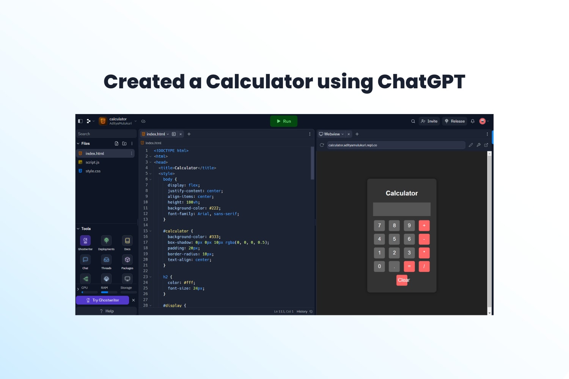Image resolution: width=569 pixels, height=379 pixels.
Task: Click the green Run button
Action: tap(283, 121)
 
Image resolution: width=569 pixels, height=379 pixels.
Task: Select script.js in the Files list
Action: tap(92, 162)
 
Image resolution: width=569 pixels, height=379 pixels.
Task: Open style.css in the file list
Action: tap(93, 171)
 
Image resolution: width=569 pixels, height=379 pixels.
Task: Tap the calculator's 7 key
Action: tap(379, 226)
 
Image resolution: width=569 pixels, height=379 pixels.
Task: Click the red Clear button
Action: tap(402, 280)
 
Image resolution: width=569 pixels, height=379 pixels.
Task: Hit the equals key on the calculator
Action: tap(409, 266)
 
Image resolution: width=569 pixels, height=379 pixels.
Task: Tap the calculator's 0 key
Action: tap(379, 266)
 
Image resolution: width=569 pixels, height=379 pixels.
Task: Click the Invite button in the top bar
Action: tap(429, 121)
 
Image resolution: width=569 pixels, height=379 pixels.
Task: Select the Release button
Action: tap(455, 121)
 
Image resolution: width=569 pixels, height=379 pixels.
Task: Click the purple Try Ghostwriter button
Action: tap(103, 300)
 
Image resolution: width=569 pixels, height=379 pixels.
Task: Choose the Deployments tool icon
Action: tap(106, 240)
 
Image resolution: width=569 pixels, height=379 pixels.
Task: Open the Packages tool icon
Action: tap(127, 260)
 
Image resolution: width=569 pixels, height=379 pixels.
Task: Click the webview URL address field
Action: tap(396, 145)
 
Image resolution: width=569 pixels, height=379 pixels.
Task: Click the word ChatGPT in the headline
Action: tap(421, 82)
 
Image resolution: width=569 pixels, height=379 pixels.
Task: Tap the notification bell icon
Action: tap(473, 121)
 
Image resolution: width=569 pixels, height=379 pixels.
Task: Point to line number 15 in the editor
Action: tap(145, 231)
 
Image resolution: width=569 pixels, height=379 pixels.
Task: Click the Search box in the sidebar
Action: tap(106, 134)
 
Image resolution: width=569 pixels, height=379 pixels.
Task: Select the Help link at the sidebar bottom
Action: tap(107, 311)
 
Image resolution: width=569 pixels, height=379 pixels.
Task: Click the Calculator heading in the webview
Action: tap(402, 193)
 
